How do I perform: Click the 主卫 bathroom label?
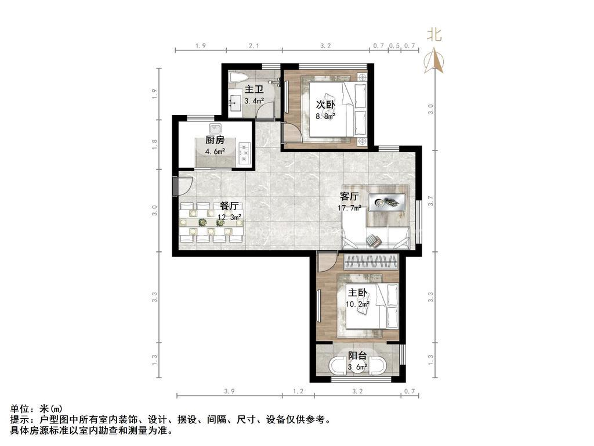[254, 89]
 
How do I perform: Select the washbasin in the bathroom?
[234, 102]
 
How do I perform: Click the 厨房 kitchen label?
[215, 140]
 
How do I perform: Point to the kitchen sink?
[215, 128]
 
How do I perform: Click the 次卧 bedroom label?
[325, 105]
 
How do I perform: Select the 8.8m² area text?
[325, 116]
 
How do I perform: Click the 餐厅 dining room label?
[229, 206]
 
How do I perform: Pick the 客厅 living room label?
[349, 196]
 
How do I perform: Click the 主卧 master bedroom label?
[357, 293]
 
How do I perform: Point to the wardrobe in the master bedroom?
[372, 262]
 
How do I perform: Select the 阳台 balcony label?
[357, 356]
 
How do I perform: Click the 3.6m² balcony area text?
[357, 367]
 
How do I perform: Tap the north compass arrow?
[434, 60]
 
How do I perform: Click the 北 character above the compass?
[434, 35]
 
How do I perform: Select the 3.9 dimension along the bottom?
[229, 391]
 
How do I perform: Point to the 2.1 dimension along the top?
[254, 46]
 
